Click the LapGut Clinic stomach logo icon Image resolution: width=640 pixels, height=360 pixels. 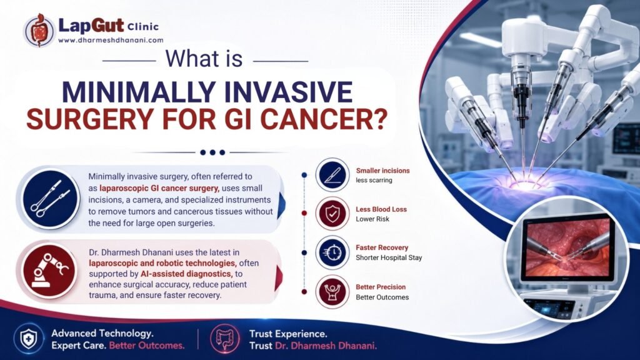click(39, 30)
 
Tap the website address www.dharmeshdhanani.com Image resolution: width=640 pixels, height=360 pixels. click(111, 41)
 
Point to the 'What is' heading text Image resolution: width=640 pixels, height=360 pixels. click(204, 59)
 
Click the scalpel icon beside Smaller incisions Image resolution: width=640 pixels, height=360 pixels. click(332, 175)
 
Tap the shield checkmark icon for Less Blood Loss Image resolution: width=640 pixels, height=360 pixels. click(332, 214)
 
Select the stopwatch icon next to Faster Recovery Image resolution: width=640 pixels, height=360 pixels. click(332, 252)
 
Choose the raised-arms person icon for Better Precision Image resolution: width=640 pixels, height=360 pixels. click(332, 291)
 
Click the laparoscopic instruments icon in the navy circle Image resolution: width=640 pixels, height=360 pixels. click(50, 199)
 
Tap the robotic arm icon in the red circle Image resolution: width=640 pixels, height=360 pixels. click(50, 271)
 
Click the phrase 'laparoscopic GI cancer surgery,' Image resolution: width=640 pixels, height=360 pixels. click(159, 189)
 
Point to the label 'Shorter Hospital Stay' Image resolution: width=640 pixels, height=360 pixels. click(389, 258)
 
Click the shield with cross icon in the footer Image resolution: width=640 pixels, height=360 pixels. click(29, 339)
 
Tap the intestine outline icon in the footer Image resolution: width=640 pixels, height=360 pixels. click(224, 339)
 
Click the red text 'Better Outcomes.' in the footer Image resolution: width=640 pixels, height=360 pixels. click(147, 346)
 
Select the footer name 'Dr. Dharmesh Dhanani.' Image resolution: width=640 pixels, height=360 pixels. click(326, 346)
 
